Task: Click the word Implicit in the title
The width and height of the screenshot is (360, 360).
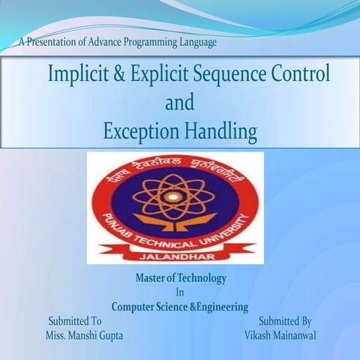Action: click(x=78, y=75)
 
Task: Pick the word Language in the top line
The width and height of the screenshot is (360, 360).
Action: click(x=193, y=43)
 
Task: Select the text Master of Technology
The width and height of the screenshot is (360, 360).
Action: click(x=181, y=278)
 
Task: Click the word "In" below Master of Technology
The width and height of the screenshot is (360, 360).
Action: click(x=180, y=292)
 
